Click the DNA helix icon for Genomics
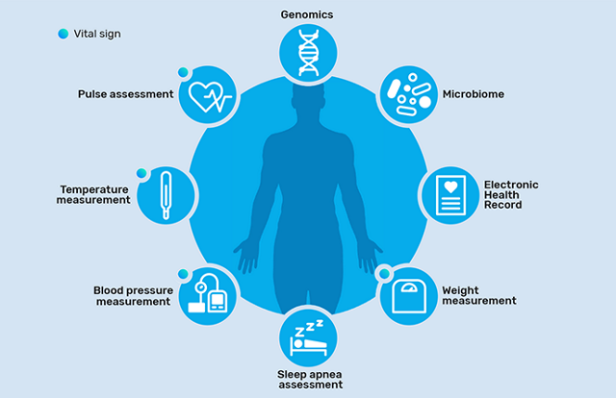[308, 53]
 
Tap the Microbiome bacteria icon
[409, 94]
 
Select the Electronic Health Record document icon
[450, 195]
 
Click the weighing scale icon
[409, 296]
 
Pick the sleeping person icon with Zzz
[308, 338]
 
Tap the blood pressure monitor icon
[208, 293]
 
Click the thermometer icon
[166, 195]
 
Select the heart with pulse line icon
[210, 96]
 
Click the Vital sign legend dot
[64, 34]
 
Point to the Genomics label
[307, 14]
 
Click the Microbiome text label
[474, 94]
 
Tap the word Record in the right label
[502, 205]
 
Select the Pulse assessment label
[126, 94]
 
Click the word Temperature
[94, 189]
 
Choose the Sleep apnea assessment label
[310, 380]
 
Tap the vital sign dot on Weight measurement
[384, 273]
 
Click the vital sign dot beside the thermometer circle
[141, 173]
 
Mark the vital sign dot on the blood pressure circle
[183, 274]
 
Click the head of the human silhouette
[308, 96]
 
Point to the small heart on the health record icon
[450, 187]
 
